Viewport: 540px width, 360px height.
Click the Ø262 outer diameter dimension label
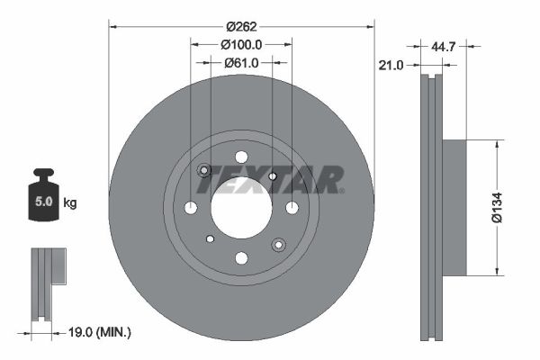241,26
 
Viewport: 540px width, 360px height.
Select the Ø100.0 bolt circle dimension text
241,44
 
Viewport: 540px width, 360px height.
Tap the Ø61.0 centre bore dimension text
241,63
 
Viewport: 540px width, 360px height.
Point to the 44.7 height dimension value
444,46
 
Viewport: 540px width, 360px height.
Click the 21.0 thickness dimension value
391,65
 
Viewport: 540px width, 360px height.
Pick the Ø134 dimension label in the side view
497,208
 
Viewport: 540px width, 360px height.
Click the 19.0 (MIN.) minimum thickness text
100,332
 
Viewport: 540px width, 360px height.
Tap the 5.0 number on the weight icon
44,202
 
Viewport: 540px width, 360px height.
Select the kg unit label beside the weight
70,202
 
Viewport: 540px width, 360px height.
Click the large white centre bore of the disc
241,208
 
